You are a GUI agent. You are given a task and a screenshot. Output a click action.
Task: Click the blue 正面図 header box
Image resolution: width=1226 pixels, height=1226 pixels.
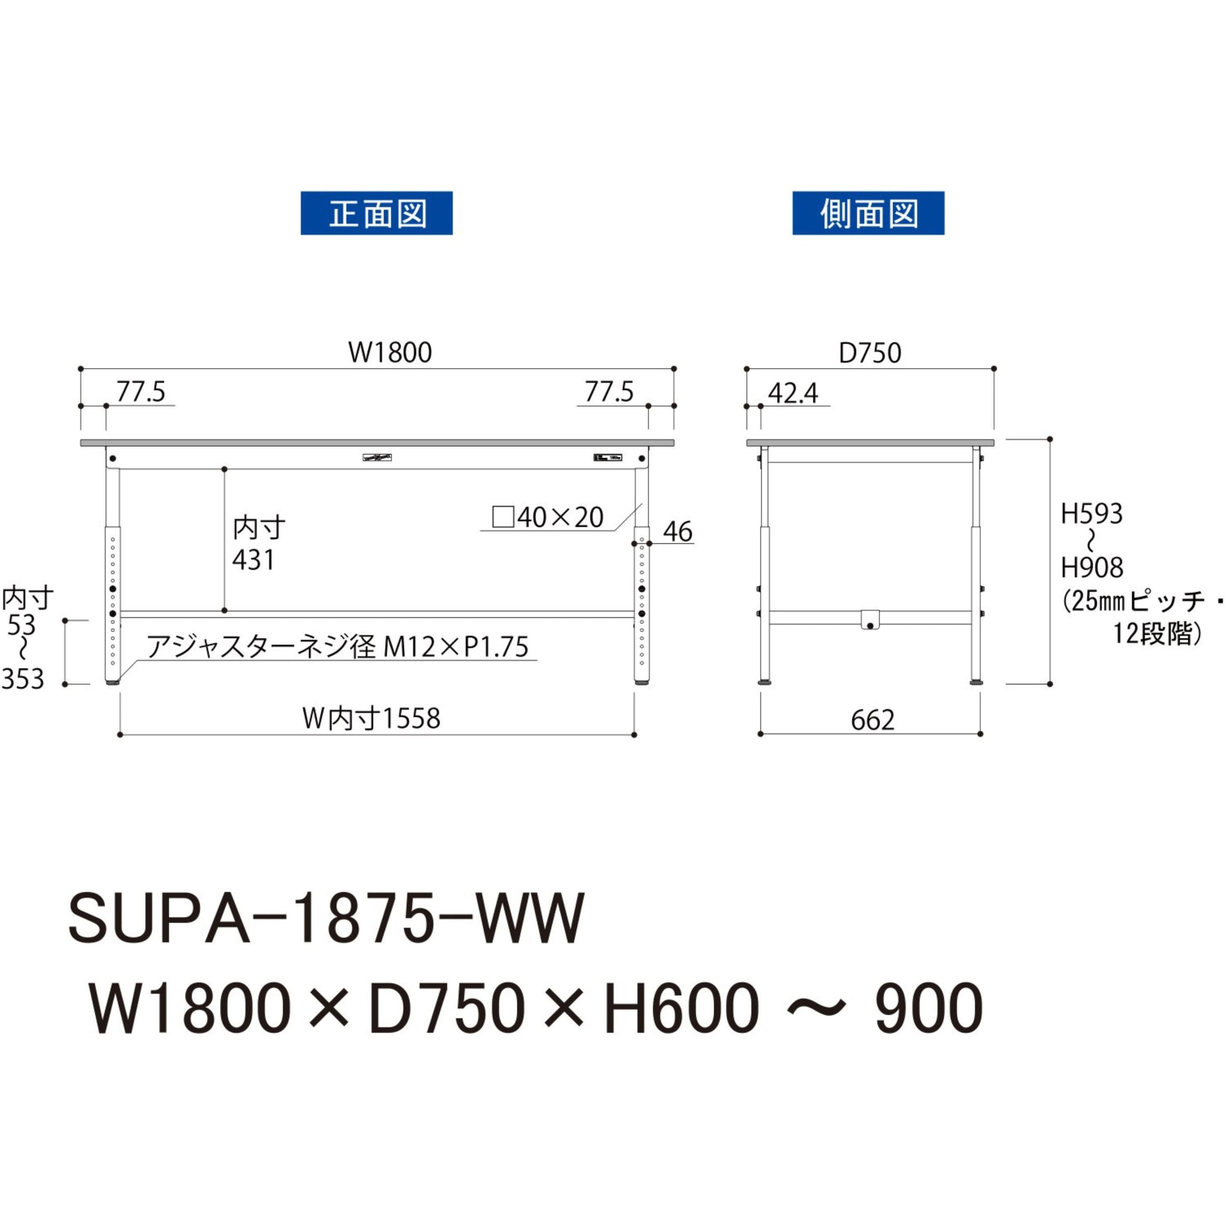click(x=377, y=213)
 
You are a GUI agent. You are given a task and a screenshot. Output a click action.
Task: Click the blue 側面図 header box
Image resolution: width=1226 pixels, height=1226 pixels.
click(x=868, y=213)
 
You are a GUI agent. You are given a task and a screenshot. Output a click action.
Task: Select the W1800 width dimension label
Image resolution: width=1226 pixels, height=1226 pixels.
click(x=390, y=353)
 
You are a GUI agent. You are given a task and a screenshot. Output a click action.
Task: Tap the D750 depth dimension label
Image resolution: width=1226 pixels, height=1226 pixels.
click(x=870, y=353)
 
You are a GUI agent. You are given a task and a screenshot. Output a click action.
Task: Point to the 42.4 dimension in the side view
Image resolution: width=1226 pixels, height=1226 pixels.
click(x=793, y=394)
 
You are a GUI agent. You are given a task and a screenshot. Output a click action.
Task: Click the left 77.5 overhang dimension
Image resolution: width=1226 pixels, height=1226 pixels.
click(x=141, y=392)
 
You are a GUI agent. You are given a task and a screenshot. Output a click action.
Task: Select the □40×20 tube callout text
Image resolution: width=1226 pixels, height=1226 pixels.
click(x=548, y=518)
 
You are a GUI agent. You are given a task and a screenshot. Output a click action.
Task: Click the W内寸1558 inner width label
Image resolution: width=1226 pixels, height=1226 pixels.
click(x=371, y=719)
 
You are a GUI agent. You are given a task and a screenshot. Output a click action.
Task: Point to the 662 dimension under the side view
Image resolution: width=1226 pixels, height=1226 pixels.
click(x=873, y=720)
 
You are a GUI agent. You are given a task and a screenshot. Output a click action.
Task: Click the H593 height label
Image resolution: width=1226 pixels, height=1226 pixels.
click(x=1092, y=514)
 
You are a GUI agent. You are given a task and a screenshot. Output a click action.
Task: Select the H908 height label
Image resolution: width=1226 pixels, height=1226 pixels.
click(x=1092, y=568)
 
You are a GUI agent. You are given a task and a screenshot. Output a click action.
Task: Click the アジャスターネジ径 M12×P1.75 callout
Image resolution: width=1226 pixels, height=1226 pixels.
click(x=337, y=647)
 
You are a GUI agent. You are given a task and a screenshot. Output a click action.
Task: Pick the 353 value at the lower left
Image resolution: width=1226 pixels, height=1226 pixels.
click(x=23, y=680)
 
